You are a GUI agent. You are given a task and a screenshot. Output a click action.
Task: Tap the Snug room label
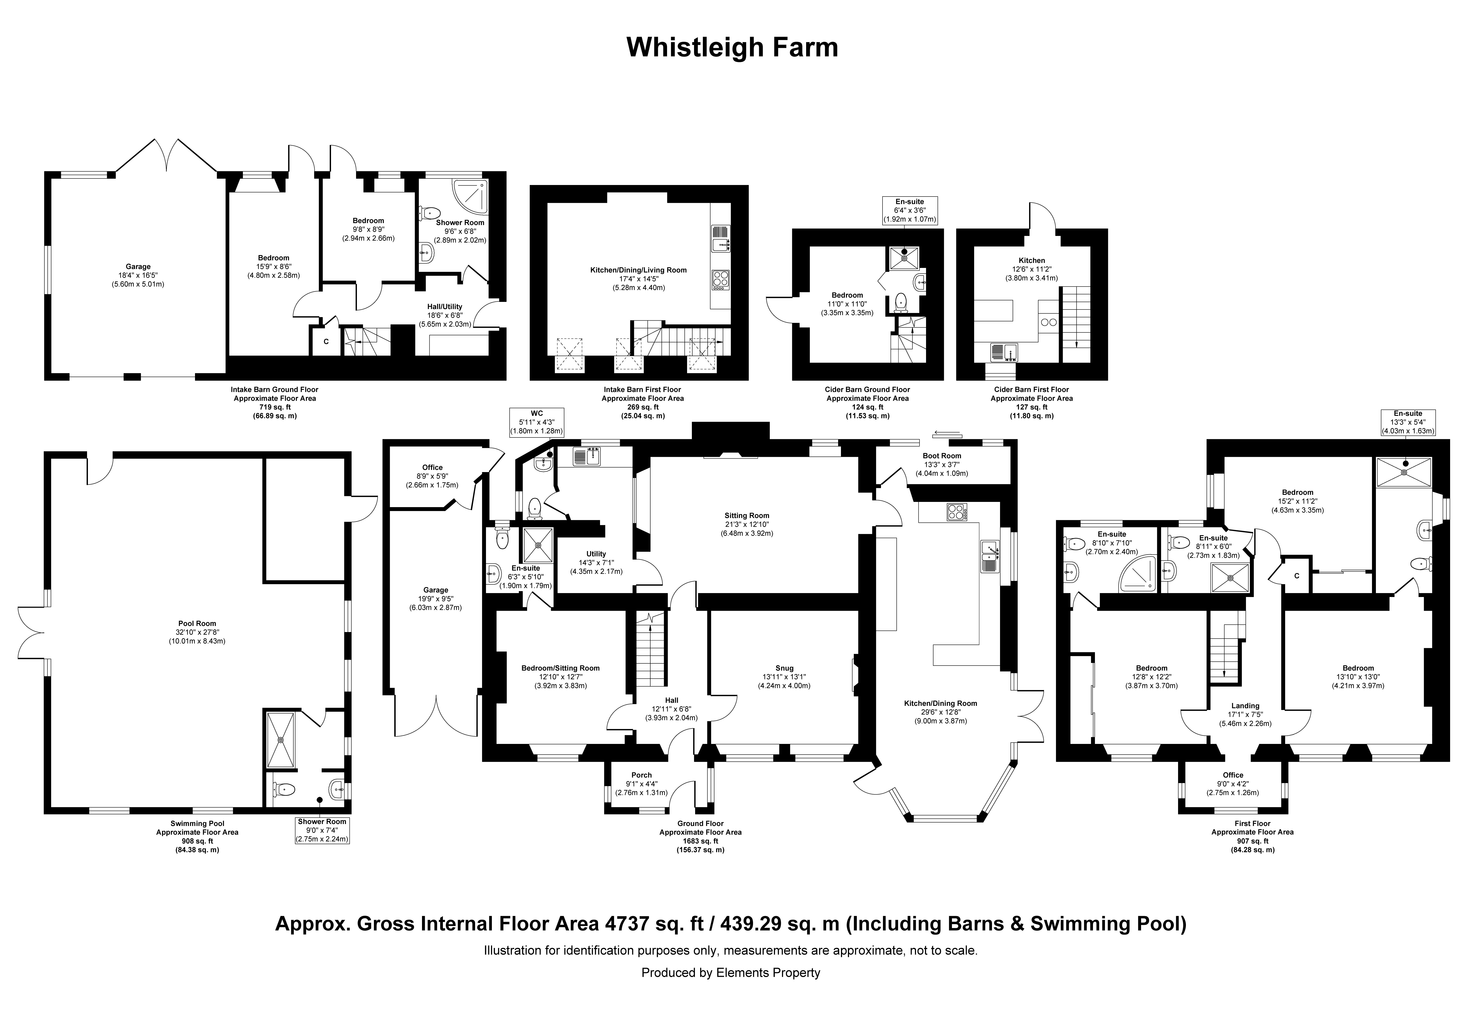pyautogui.click(x=785, y=668)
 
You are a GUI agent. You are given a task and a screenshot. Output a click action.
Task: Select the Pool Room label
pyautogui.click(x=197, y=623)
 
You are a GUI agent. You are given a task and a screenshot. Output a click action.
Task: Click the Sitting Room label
pyautogui.click(x=747, y=515)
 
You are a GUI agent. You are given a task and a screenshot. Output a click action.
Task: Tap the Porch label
pyautogui.click(x=642, y=775)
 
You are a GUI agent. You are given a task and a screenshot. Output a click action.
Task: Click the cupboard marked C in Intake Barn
pyautogui.click(x=326, y=341)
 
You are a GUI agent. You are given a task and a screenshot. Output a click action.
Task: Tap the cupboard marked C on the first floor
pyautogui.click(x=1297, y=575)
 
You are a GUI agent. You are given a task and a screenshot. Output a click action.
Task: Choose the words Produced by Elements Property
pyautogui.click(x=731, y=973)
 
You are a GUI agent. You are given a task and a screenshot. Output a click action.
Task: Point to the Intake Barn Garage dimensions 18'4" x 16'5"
pyautogui.click(x=138, y=275)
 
